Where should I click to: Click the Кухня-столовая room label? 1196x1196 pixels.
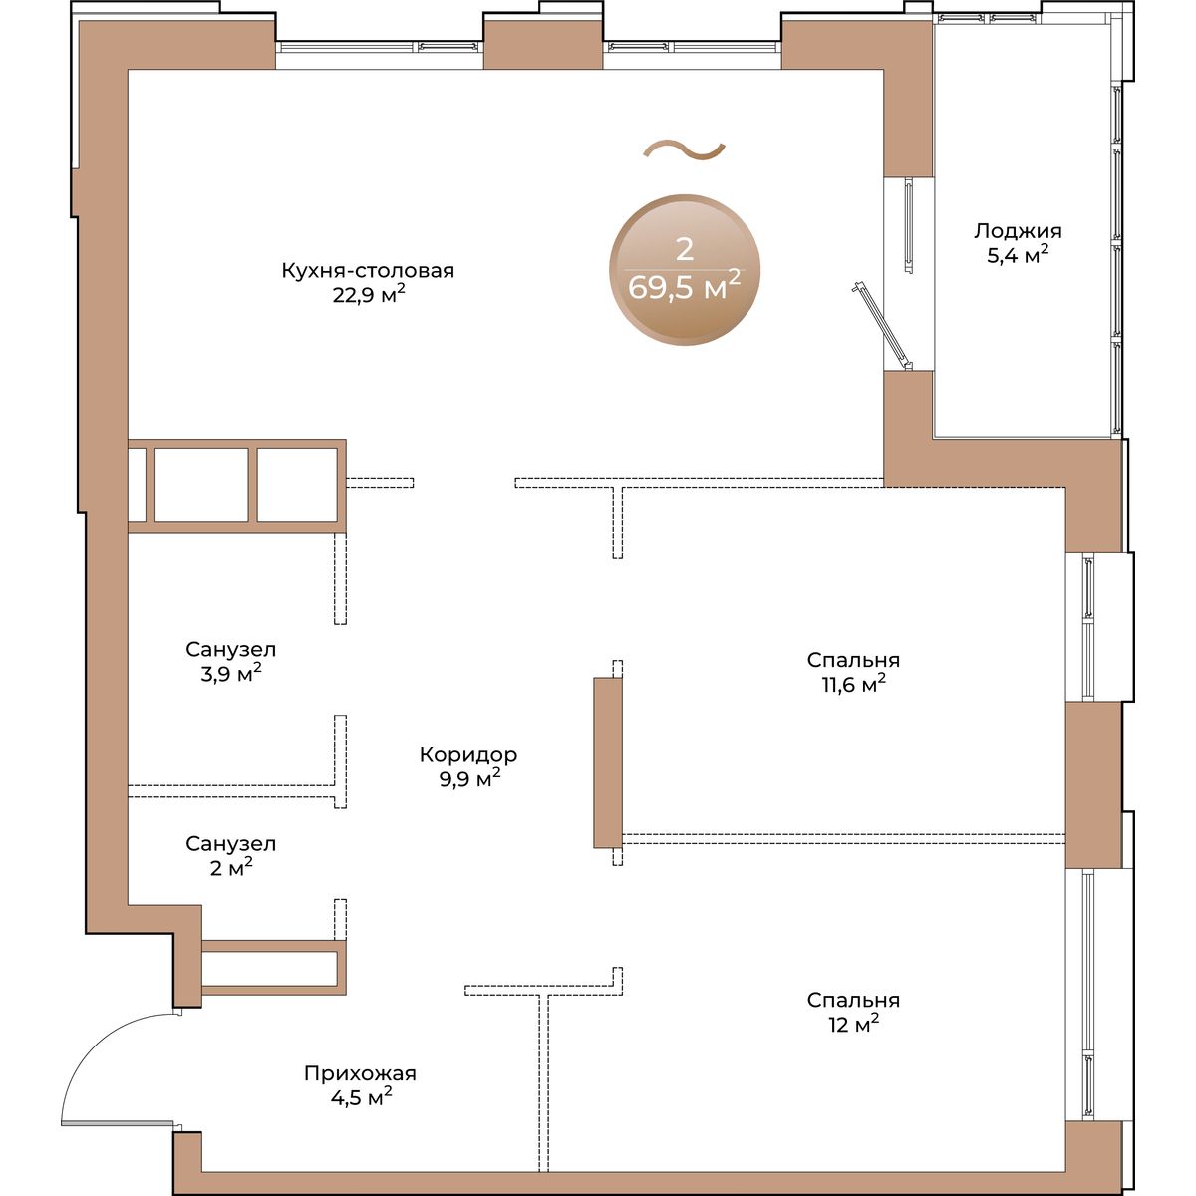tap(368, 271)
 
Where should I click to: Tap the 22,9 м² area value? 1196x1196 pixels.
tap(369, 294)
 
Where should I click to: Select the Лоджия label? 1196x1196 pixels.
tap(1018, 231)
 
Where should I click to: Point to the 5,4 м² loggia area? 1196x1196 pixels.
tap(1018, 254)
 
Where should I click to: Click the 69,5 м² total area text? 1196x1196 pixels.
tap(684, 286)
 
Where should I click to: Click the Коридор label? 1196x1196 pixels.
tap(468, 755)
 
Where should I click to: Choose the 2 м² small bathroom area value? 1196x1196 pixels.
tap(231, 868)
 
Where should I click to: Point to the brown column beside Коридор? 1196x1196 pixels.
tap(608, 762)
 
